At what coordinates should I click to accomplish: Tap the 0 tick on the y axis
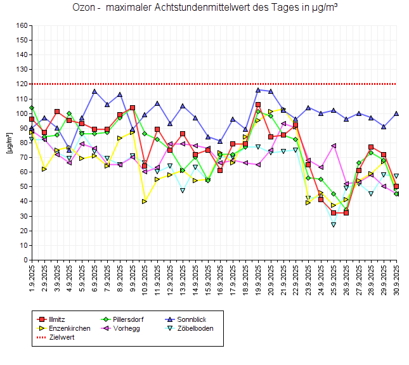click(x=25, y=260)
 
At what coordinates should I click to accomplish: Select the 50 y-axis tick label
click(x=23, y=187)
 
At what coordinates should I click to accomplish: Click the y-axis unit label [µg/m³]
click(x=9, y=143)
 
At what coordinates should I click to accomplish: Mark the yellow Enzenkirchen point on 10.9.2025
click(x=145, y=202)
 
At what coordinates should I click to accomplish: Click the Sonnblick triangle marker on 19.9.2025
click(x=258, y=90)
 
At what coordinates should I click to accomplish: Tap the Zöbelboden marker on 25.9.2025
click(x=334, y=225)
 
